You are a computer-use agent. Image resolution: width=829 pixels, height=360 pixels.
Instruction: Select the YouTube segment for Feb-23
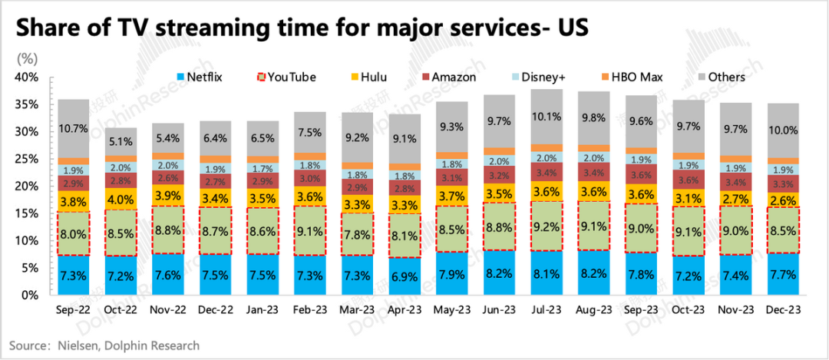click(x=311, y=230)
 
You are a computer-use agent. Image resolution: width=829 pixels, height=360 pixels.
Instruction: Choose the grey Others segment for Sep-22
click(x=74, y=128)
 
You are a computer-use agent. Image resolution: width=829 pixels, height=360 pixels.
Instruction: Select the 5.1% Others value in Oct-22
click(x=121, y=140)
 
